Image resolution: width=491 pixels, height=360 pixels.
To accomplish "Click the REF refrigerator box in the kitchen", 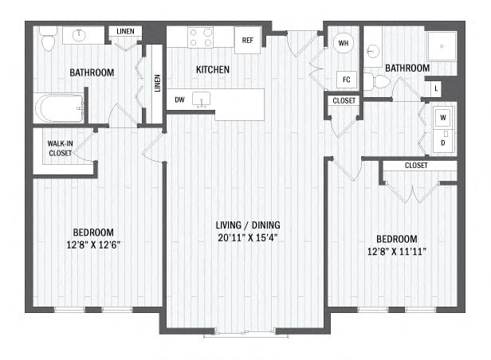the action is [247, 40].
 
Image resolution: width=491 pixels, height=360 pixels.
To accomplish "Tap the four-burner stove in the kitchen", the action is [200, 37].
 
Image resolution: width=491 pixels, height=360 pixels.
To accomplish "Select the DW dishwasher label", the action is [179, 100].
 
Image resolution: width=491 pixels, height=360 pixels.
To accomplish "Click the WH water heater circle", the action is [344, 43].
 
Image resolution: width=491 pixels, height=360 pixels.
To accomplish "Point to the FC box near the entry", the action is [346, 80].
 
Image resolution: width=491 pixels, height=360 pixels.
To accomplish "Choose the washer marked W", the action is [443, 118].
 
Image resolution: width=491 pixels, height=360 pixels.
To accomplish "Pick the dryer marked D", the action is [443, 141].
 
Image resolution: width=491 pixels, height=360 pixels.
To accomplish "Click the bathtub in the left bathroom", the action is [60, 108].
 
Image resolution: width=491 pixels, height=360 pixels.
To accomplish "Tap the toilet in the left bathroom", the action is [48, 39].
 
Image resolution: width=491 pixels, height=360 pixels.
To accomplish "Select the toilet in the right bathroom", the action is [377, 82].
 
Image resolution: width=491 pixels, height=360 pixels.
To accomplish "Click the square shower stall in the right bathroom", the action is [442, 46].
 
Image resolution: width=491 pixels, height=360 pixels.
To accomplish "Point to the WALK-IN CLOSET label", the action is [60, 148].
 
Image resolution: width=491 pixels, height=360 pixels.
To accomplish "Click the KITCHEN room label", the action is [213, 69].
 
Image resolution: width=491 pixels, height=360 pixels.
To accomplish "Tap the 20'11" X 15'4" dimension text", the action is [248, 237].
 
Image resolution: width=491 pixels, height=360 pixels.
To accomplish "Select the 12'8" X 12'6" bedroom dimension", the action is [93, 245].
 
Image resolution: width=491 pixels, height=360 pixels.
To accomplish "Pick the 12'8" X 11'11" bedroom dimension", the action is [397, 252].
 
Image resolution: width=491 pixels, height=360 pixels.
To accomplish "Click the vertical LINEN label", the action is [157, 83].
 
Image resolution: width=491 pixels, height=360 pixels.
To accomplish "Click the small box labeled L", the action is [436, 89].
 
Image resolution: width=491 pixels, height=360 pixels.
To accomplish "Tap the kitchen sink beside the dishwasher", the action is [201, 100].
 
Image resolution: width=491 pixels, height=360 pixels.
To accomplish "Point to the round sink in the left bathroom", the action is [79, 35].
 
